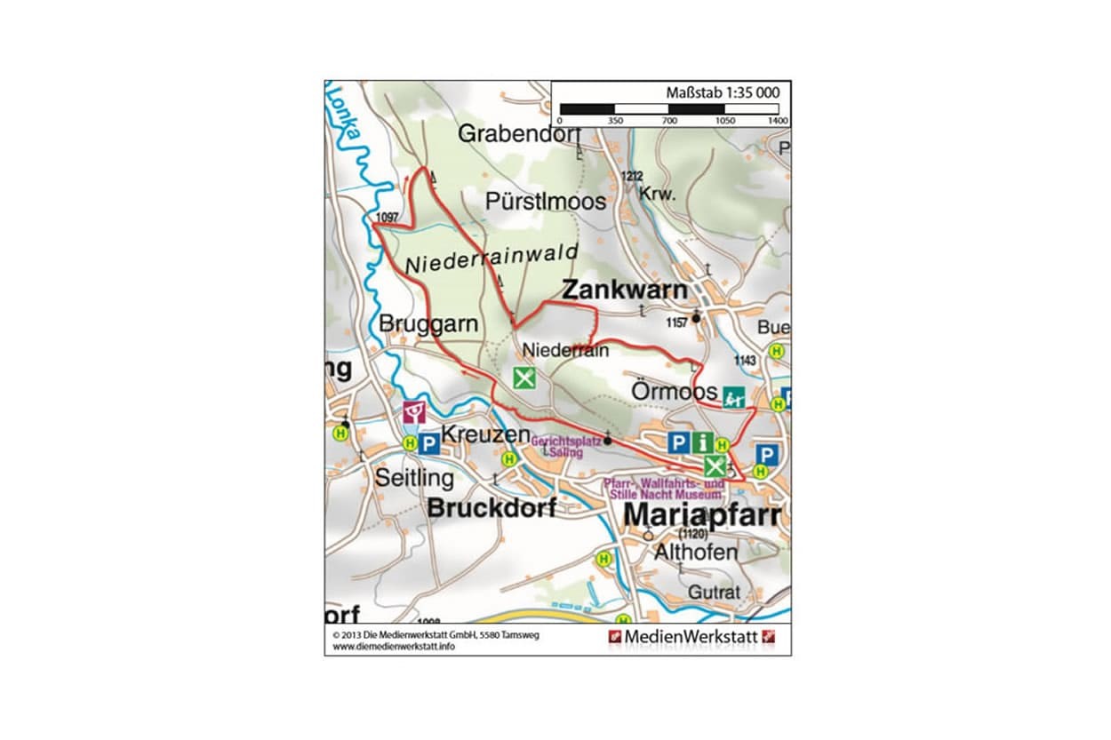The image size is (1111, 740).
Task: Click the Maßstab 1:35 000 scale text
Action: click(723, 92)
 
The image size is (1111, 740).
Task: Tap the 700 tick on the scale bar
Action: click(669, 120)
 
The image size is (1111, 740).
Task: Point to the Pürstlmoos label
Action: click(546, 202)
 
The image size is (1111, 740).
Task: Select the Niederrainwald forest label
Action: click(491, 259)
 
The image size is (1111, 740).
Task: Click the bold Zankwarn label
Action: click(624, 290)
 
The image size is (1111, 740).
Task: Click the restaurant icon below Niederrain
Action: click(525, 378)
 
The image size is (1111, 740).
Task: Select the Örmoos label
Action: click(674, 392)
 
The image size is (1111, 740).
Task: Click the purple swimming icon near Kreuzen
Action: click(414, 411)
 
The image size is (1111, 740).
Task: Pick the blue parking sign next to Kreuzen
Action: click(428, 442)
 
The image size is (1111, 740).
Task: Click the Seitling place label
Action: click(413, 478)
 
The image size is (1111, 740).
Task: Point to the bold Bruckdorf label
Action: click(492, 508)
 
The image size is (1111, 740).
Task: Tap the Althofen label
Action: click(695, 552)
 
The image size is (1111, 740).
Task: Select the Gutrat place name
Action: click(713, 592)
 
